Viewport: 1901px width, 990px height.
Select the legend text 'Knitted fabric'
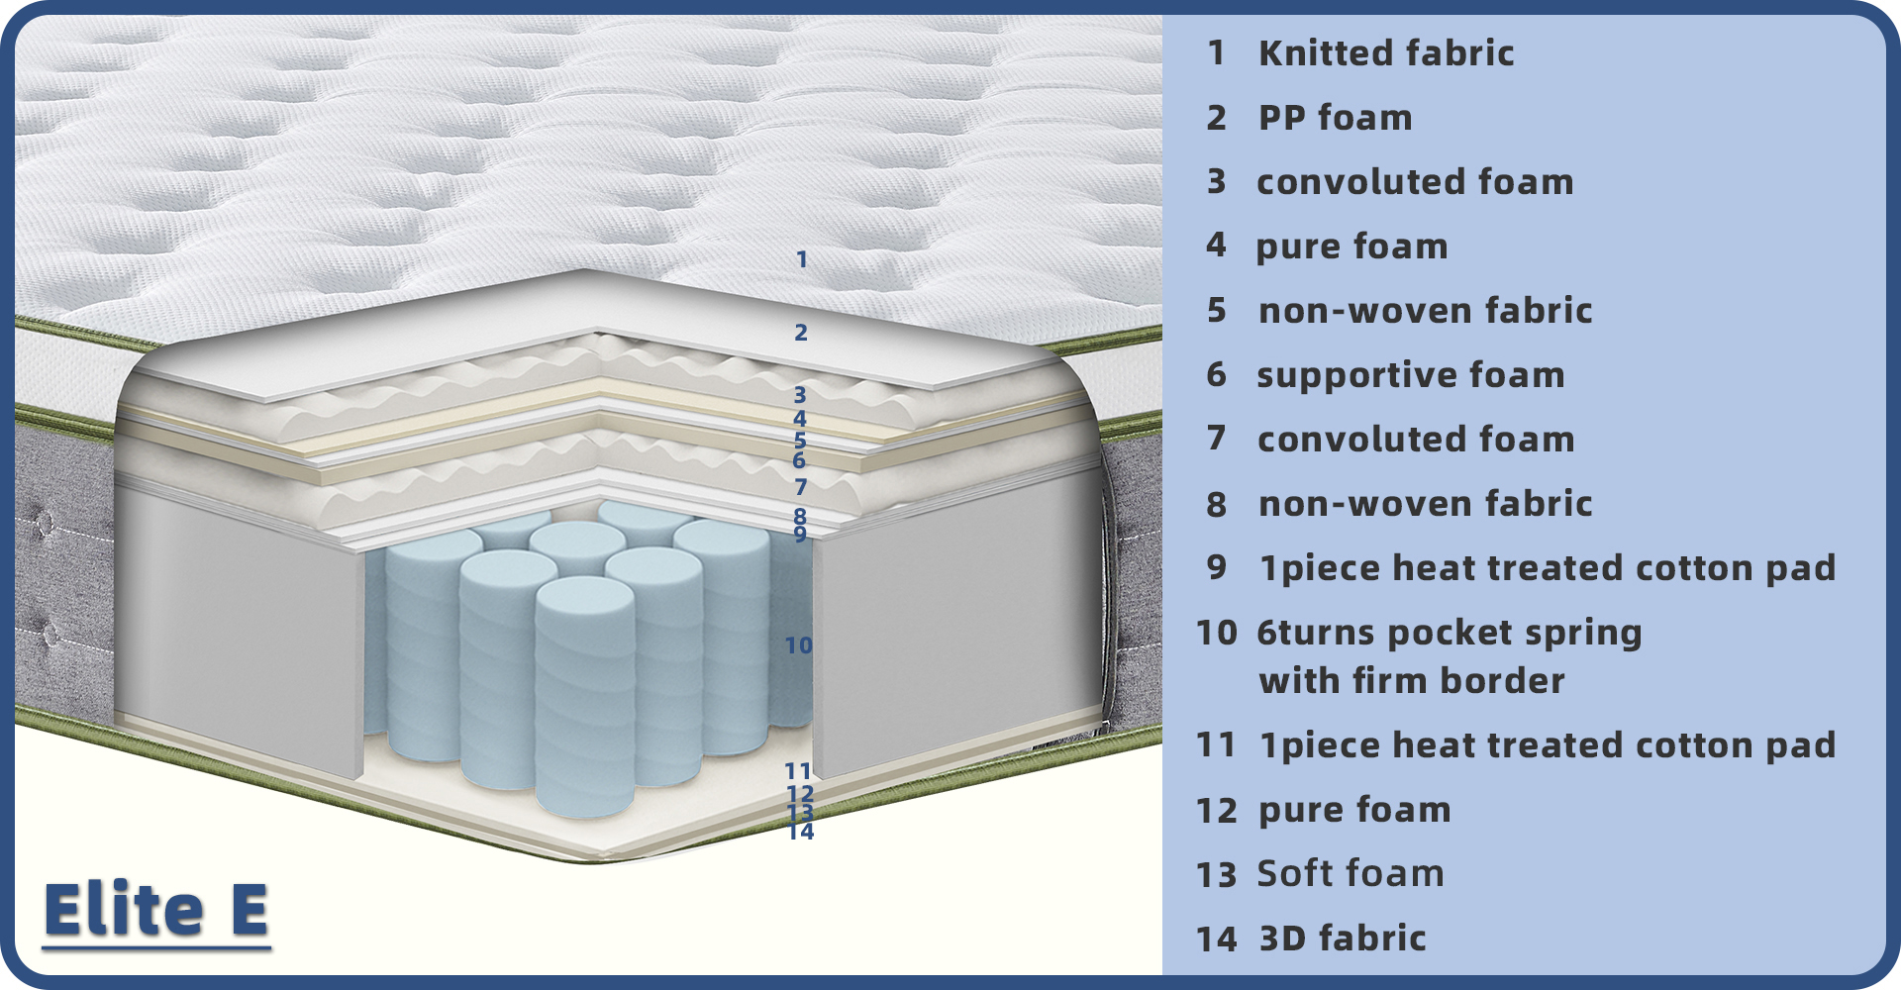1385,53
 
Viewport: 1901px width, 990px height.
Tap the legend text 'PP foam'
1335,118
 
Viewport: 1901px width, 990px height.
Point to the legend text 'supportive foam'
1410,375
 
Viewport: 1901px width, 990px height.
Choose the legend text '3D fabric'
1342,939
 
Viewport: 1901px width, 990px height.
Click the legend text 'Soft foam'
1350,874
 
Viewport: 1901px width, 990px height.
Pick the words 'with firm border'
1411,681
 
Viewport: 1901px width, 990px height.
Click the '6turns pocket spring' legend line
1449,633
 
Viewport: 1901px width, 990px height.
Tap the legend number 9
1217,568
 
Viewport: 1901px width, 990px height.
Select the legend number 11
1217,745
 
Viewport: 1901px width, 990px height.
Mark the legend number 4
1216,246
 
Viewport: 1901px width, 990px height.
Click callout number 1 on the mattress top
802,260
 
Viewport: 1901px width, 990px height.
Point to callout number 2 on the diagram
801,333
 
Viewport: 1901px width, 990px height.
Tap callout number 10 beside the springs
798,645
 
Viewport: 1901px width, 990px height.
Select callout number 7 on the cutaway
801,487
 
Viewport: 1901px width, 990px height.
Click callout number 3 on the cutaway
800,395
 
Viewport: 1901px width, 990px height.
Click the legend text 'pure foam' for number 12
1353,810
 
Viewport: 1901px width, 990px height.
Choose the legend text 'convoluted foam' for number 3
1414,182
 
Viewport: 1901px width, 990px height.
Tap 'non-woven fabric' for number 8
1425,504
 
